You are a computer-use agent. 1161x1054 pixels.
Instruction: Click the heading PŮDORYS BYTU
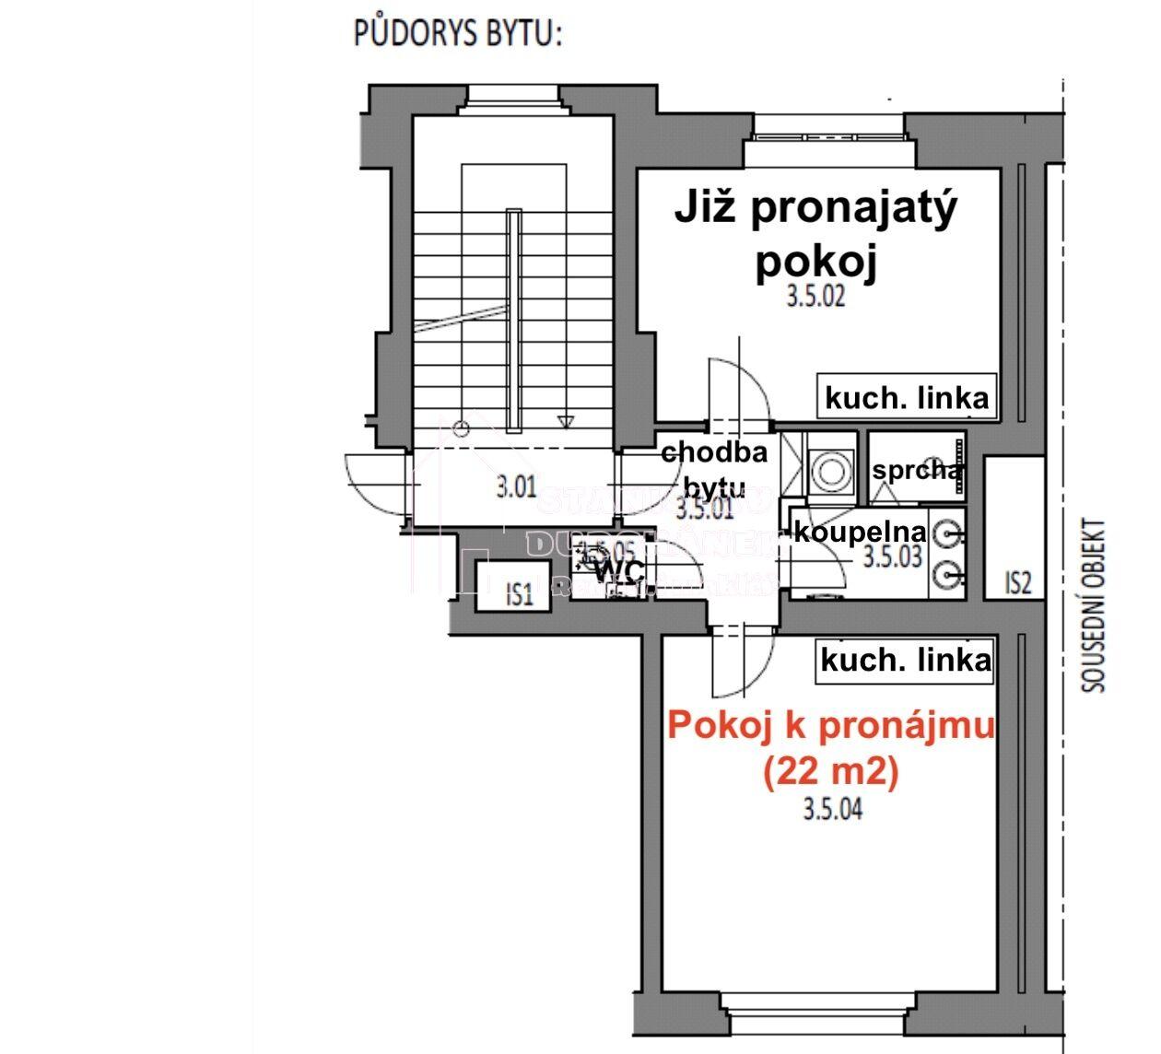[458, 34]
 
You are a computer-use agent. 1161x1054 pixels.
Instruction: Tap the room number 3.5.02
[815, 297]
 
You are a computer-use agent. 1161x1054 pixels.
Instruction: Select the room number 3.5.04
[832, 810]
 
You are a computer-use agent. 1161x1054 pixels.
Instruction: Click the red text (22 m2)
[829, 772]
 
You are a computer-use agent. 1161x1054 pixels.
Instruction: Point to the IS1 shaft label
[520, 594]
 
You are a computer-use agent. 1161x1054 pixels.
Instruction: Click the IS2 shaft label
[1016, 583]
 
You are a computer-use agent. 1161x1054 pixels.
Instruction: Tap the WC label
[618, 572]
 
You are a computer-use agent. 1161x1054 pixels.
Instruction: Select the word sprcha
[916, 471]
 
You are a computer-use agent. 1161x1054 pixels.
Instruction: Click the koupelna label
[860, 532]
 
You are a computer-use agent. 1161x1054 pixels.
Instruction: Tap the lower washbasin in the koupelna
[948, 575]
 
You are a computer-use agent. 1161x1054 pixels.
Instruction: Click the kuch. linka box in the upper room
[907, 398]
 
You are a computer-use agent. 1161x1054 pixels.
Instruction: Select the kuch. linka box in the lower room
[905, 661]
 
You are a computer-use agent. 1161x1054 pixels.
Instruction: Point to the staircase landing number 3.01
[516, 486]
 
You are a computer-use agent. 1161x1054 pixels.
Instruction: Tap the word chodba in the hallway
[714, 452]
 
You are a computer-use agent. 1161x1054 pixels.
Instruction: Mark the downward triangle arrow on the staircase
[566, 422]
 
